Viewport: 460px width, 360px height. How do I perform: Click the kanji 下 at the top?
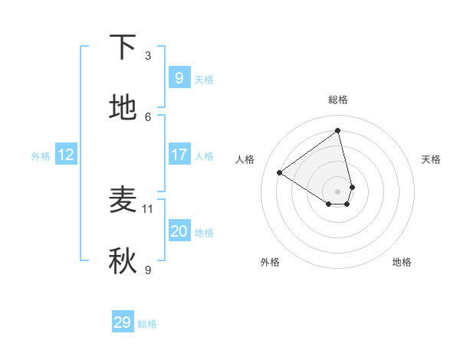pos(123,48)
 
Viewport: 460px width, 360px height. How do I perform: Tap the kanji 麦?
pos(123,200)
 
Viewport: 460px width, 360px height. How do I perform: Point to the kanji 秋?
pos(123,261)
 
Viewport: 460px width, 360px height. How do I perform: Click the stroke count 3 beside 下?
pos(148,56)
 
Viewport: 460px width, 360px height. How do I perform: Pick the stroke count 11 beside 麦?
pos(148,208)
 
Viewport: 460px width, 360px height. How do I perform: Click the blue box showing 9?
pos(179,77)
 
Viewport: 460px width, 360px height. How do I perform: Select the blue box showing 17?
pos(179,155)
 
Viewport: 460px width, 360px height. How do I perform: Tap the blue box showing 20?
pos(179,231)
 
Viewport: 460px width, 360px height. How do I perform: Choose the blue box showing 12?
pos(66,155)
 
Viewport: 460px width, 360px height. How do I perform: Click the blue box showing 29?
pos(123,322)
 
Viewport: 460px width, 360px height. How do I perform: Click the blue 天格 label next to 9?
pos(204,80)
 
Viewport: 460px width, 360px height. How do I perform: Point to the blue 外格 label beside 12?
pos(41,156)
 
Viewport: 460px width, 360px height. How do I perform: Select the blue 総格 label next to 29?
pos(147,324)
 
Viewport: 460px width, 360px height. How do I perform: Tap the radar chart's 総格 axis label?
pos(338,100)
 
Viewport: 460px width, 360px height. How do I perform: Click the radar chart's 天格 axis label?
pos(431,159)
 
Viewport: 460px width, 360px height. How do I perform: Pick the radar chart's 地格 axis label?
pos(402,262)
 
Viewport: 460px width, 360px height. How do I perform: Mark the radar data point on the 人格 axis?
pos(279,173)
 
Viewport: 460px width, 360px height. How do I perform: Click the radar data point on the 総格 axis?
pos(338,130)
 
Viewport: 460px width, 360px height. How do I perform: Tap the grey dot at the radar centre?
pos(338,191)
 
